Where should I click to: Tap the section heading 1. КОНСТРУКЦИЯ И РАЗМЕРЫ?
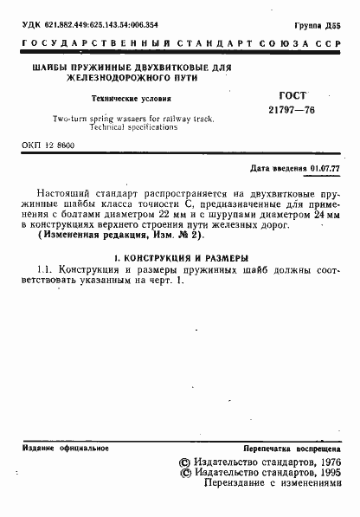[181, 259]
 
